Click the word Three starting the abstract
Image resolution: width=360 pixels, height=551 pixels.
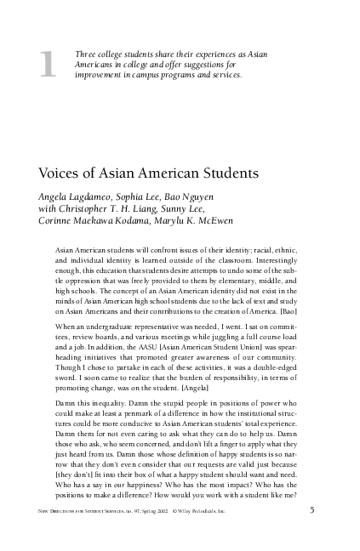(x=87, y=54)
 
